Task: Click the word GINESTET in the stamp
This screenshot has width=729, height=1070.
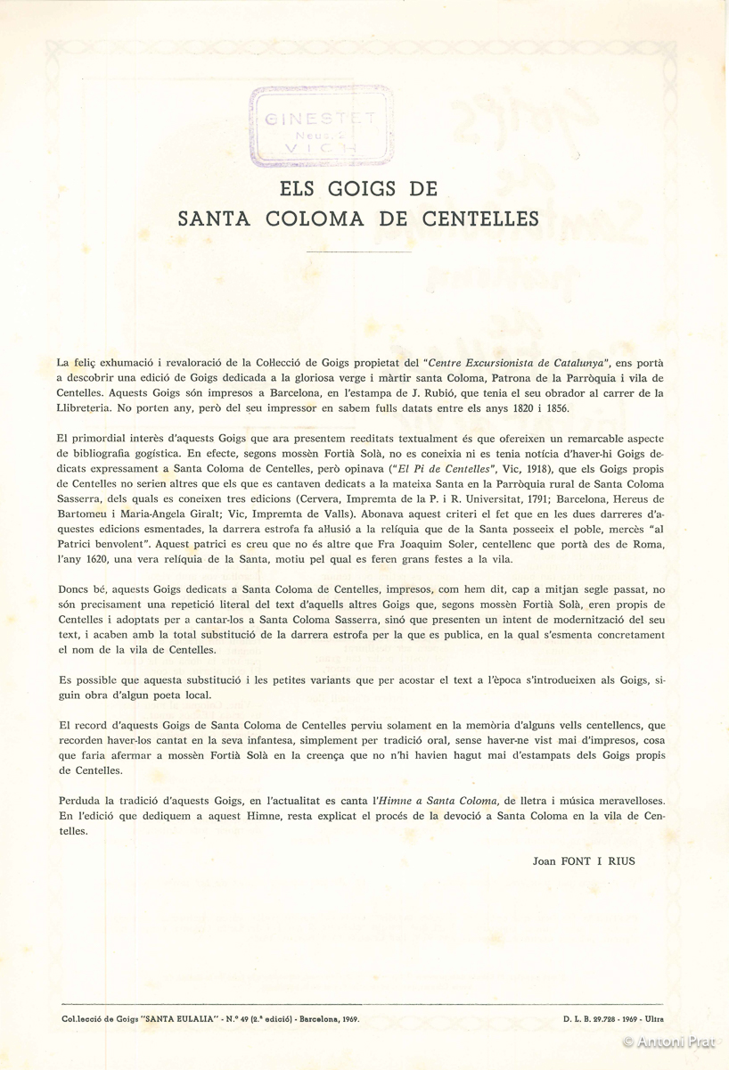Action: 322,116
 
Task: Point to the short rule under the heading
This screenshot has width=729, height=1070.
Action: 357,253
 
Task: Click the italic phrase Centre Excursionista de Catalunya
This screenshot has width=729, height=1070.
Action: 517,363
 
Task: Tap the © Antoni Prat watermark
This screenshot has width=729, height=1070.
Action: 672,1041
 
